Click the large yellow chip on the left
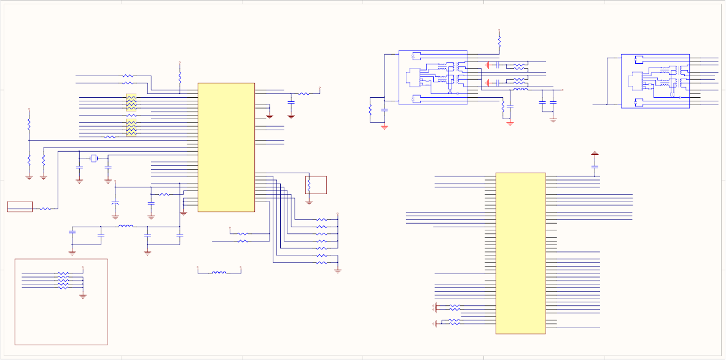pos(226,147)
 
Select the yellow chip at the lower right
pos(520,253)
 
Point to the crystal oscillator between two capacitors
pos(94,158)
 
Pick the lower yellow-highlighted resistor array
pos(131,128)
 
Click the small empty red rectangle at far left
pos(20,206)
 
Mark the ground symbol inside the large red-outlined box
pos(83,296)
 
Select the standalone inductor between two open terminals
pos(219,272)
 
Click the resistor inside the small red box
pos(309,184)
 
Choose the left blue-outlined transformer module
pos(433,77)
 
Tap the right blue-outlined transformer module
pos(655,81)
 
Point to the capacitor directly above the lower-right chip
pos(595,166)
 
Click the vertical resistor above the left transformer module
pos(499,41)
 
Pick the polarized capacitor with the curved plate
pos(115,202)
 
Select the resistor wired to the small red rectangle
pos(45,209)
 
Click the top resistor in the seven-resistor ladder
pos(322,219)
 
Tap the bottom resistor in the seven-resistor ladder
pos(322,263)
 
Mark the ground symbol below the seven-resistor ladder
pos(338,270)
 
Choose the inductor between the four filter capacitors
pos(125,227)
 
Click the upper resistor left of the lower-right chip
pos(455,307)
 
